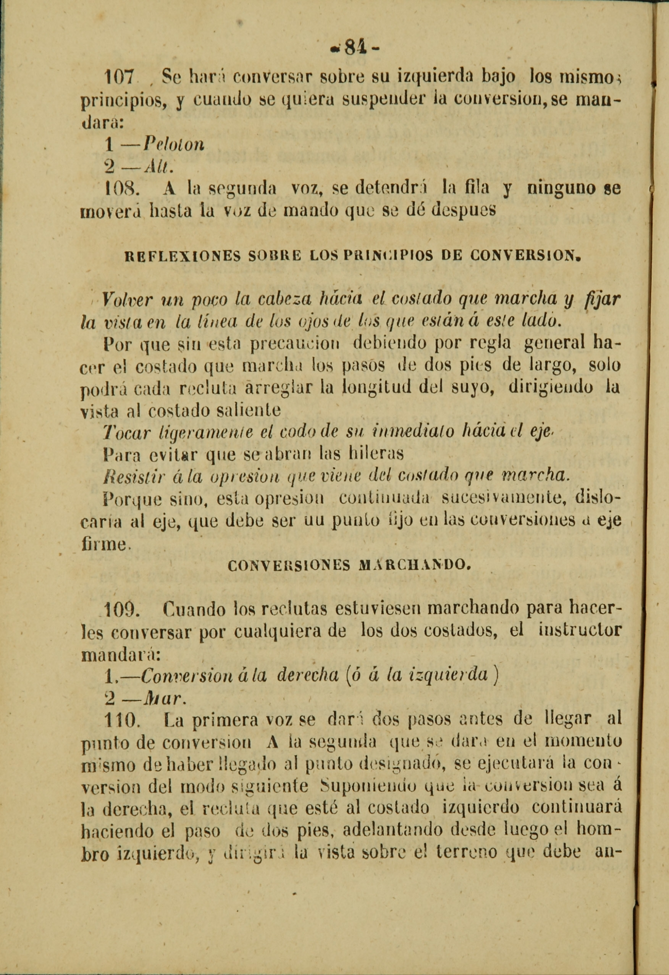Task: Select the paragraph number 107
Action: click(x=119, y=78)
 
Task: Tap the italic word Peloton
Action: click(x=174, y=145)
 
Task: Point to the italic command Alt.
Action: click(x=158, y=167)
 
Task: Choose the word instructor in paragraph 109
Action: click(x=579, y=632)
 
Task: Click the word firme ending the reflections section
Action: click(x=105, y=545)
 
